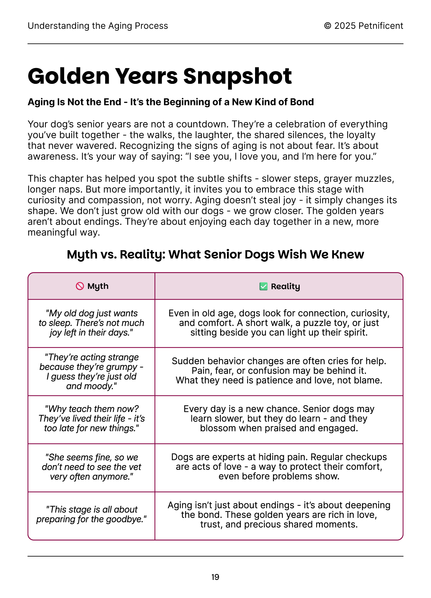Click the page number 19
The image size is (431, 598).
click(215, 577)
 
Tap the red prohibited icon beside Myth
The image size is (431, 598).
click(80, 286)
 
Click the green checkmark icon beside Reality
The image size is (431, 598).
click(263, 286)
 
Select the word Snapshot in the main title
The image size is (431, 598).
click(237, 76)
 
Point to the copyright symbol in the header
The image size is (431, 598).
click(328, 26)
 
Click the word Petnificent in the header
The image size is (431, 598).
click(381, 26)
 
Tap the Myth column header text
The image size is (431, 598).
click(98, 286)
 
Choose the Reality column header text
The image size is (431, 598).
click(285, 286)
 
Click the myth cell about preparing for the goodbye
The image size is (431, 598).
click(91, 514)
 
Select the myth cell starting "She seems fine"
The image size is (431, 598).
click(91, 467)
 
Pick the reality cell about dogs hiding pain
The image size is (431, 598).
click(279, 466)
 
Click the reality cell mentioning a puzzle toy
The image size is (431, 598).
click(279, 323)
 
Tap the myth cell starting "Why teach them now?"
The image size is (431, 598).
click(91, 418)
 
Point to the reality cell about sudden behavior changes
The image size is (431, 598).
click(279, 371)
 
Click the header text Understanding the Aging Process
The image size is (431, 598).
click(98, 26)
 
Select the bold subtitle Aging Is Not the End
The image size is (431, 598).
click(171, 102)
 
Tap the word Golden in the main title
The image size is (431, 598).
click(68, 76)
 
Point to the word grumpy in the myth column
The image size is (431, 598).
click(122, 367)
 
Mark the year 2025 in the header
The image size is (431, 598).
click(345, 26)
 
